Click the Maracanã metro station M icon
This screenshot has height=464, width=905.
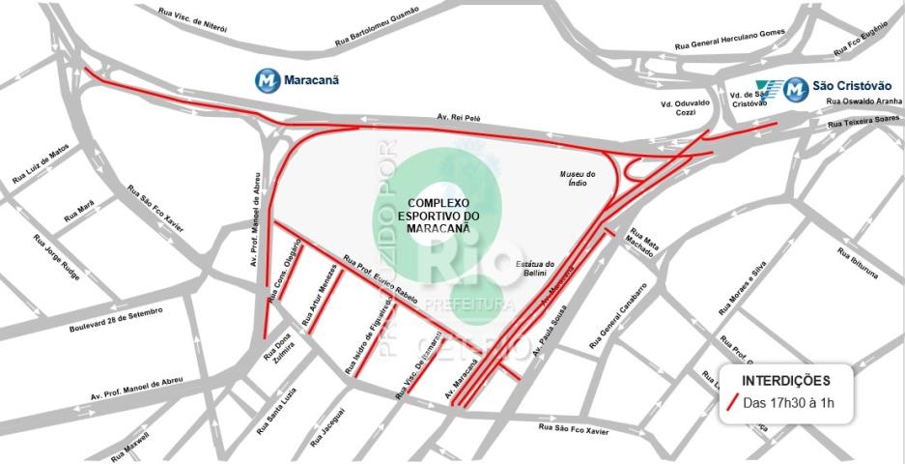(268, 80)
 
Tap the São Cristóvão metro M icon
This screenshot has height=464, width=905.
(795, 89)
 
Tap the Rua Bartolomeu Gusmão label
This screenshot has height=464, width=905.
(377, 27)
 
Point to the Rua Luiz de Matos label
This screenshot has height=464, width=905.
(41, 165)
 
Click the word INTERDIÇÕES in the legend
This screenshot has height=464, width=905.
(784, 380)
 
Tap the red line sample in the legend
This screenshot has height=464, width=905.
(735, 402)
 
